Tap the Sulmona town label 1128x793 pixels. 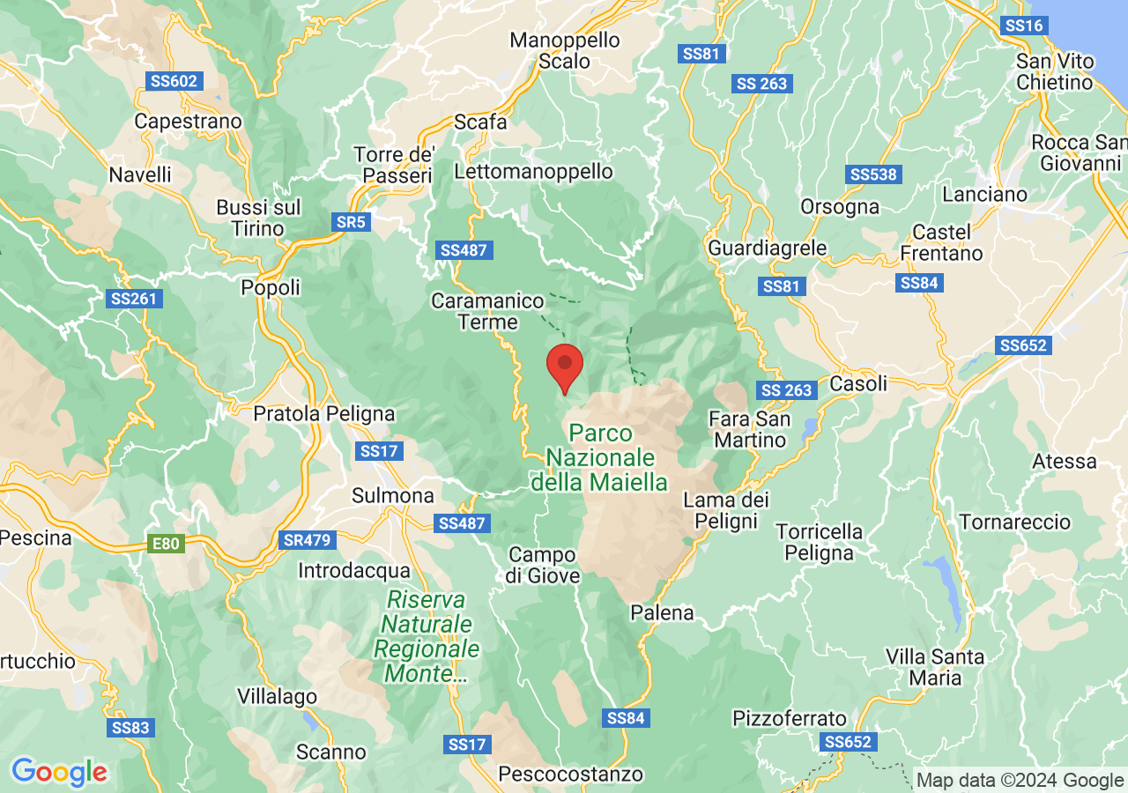click(392, 496)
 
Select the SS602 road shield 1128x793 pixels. click(174, 81)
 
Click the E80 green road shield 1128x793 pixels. click(166, 544)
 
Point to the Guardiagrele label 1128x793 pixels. click(767, 248)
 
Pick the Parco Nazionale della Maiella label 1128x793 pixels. click(599, 458)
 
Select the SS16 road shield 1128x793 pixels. click(1024, 26)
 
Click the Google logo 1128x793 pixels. click(59, 772)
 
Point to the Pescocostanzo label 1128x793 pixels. click(570, 774)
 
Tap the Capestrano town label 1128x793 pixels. click(188, 122)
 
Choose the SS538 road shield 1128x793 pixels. click(872, 174)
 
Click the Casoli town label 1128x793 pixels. click(858, 384)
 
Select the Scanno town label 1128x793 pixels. click(330, 752)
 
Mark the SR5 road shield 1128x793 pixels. click(351, 222)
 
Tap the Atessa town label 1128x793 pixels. click(1065, 461)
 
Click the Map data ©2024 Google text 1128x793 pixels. click(1020, 780)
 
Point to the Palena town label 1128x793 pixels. click(662, 612)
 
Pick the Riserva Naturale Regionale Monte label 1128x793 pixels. click(427, 637)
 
